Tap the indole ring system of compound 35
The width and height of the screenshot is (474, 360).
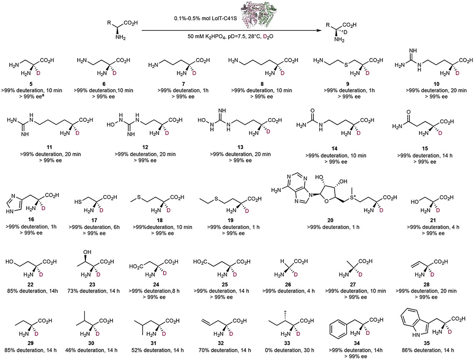click(410, 313)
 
